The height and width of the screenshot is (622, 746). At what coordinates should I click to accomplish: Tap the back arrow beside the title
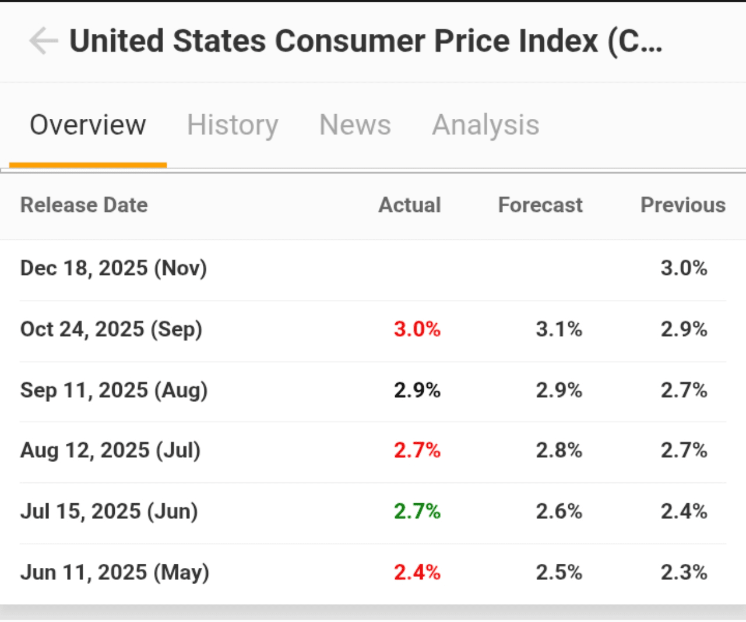click(43, 41)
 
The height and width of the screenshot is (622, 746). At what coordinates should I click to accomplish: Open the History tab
click(233, 125)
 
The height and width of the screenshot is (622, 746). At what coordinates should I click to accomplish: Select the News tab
click(355, 125)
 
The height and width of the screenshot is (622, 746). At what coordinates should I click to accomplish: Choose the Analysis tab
click(485, 125)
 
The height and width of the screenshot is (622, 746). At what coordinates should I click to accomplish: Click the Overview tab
click(88, 125)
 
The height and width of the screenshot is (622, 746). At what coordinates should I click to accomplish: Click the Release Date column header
click(84, 205)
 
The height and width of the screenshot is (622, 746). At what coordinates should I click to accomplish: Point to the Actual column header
click(410, 205)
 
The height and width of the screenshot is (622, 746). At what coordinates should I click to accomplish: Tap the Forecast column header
click(540, 205)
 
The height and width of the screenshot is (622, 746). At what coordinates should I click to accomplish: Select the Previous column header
click(683, 205)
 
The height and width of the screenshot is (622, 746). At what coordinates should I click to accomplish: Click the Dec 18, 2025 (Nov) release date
click(114, 268)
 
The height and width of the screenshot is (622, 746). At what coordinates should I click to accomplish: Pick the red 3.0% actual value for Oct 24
click(417, 329)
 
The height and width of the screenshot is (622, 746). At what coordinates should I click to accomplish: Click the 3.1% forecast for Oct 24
click(559, 329)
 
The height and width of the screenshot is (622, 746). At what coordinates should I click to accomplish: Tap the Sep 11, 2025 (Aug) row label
click(114, 390)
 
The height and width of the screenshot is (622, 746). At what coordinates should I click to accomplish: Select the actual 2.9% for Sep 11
click(417, 390)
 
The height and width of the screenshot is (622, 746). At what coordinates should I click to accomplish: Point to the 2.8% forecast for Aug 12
click(559, 450)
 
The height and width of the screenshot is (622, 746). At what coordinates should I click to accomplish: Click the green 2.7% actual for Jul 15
click(417, 511)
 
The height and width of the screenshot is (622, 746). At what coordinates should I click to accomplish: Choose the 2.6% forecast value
click(559, 511)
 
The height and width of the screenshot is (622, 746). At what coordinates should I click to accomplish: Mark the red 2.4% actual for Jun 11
click(417, 572)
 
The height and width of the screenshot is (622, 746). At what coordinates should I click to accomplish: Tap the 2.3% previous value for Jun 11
click(684, 572)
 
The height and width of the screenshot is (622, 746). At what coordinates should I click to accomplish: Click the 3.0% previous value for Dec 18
click(684, 268)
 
